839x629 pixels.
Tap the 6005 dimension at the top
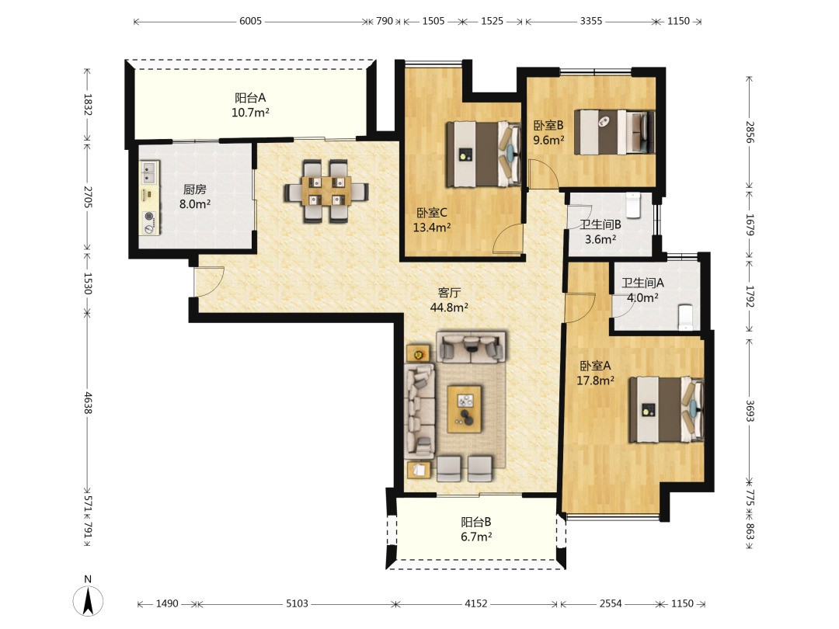pyautogui.click(x=250, y=21)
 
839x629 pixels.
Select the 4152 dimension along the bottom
pyautogui.click(x=475, y=603)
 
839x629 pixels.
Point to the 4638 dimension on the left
pyautogui.click(x=88, y=403)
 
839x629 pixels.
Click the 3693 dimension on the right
pyautogui.click(x=750, y=411)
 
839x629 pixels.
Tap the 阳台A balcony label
pyautogui.click(x=250, y=98)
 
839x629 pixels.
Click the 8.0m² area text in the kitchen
pyautogui.click(x=195, y=203)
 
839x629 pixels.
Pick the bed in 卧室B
pyautogui.click(x=614, y=132)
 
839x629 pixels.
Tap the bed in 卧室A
pyautogui.click(x=667, y=410)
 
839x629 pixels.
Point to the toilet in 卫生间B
pyautogui.click(x=633, y=205)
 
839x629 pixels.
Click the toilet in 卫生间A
pyautogui.click(x=685, y=316)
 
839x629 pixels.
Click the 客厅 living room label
pyautogui.click(x=449, y=293)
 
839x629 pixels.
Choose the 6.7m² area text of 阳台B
pyautogui.click(x=476, y=537)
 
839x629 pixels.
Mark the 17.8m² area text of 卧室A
pyautogui.click(x=595, y=381)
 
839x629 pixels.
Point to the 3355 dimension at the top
pyautogui.click(x=591, y=21)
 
